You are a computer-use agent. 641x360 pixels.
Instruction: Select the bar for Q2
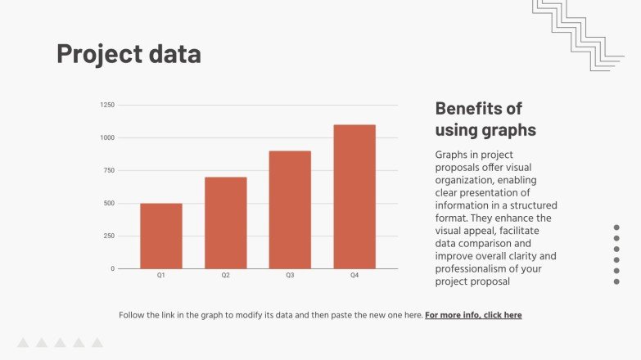pos(225,223)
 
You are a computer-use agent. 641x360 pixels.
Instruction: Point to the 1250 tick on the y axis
pos(107,105)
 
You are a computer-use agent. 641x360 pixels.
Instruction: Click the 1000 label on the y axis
pos(107,137)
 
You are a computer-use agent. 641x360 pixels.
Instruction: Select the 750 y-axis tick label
pos(109,170)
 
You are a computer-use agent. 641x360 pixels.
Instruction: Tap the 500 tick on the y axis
pos(109,203)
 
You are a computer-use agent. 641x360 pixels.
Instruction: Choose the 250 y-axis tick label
pos(109,236)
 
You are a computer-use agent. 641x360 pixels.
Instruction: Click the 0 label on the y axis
pos(113,268)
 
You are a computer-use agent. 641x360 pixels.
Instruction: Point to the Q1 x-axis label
pos(160,276)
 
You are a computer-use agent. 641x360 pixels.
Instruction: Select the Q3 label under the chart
pos(290,276)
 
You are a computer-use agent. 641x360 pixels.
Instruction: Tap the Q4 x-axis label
pos(354,276)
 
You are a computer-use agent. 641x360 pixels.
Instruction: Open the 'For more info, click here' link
pos(473,315)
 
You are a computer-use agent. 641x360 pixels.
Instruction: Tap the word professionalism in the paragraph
pos(479,268)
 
